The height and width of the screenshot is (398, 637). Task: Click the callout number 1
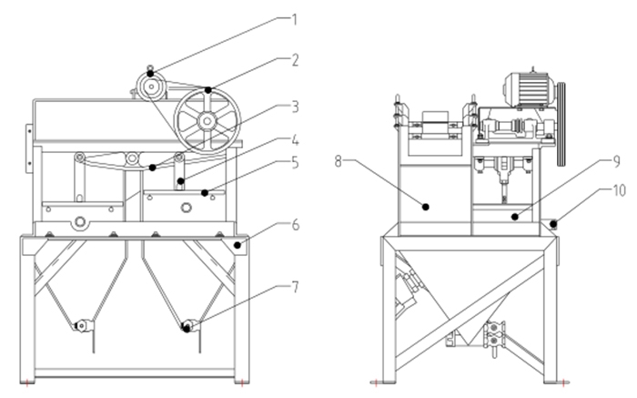tap(294, 16)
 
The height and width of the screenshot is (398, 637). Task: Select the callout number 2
tap(295, 60)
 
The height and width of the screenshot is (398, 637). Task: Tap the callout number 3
tap(294, 107)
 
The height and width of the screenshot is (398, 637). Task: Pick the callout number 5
tap(294, 163)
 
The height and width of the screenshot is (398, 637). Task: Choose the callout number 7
tap(294, 288)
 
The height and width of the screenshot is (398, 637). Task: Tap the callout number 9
tap(616, 163)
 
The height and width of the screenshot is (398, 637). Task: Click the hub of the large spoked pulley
tap(208, 120)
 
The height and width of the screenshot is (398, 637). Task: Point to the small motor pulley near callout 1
tap(149, 87)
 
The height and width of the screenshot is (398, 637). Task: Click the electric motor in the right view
tap(530, 88)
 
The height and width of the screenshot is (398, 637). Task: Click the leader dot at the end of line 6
tap(239, 243)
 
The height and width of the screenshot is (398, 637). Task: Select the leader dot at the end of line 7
tap(187, 328)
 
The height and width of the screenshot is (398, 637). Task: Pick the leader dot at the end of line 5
tap(206, 192)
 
